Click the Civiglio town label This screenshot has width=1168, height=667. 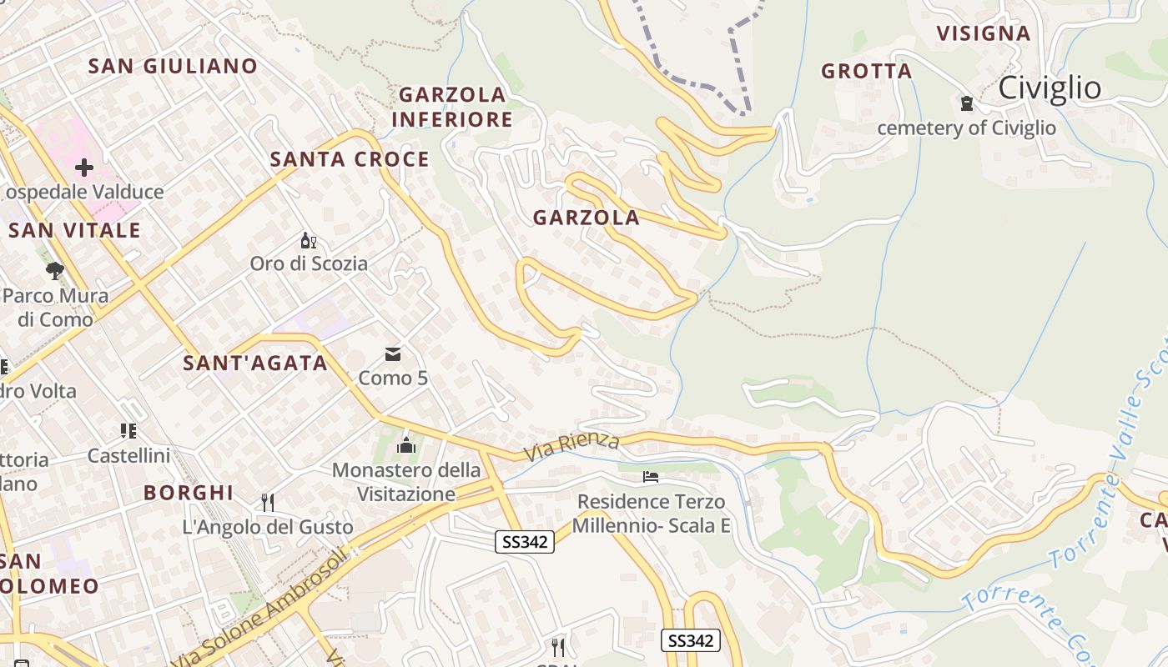(x=1049, y=88)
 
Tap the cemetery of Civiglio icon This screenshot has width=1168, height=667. (x=967, y=103)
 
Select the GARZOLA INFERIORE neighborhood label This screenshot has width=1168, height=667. (x=452, y=107)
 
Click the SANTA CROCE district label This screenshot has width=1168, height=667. (x=350, y=159)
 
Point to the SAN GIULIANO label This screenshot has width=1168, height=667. (x=173, y=66)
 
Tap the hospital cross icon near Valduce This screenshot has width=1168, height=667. (x=83, y=168)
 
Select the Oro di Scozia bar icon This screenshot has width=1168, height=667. (x=309, y=241)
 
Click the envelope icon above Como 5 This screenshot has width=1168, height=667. (x=393, y=355)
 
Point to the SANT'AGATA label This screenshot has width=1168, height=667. (x=255, y=364)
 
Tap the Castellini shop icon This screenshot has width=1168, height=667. (x=128, y=431)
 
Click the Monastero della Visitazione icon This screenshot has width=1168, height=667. (x=406, y=445)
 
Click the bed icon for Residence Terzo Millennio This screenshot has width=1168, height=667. (x=651, y=477)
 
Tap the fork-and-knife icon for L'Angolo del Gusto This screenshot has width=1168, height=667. (x=268, y=502)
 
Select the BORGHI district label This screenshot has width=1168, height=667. (x=189, y=493)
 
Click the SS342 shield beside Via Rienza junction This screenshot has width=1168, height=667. (x=525, y=542)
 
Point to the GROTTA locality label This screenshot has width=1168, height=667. (x=866, y=72)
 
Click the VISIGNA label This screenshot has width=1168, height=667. (x=983, y=33)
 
